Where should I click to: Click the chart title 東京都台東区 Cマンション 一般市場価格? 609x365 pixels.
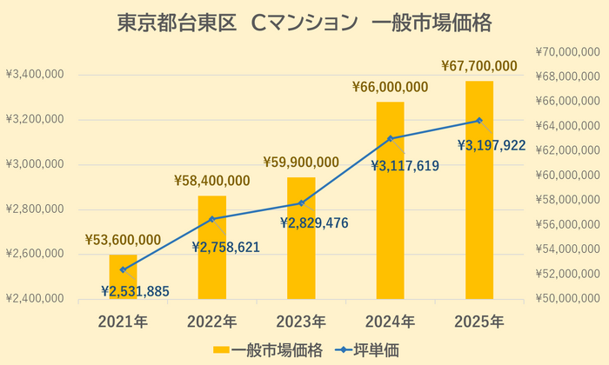pos(304,23)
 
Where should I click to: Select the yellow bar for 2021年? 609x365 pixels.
pos(123,278)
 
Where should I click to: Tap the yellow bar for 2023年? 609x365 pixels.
pos(301,239)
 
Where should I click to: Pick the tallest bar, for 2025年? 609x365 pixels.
pos(479,191)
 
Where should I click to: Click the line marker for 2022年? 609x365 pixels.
pos(211,218)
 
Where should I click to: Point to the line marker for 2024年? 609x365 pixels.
pos(390,138)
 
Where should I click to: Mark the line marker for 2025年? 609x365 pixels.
pos(479,120)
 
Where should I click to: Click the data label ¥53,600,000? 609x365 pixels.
pos(123,240)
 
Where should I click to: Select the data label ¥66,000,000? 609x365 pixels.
pos(390,87)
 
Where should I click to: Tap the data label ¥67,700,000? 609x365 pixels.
pos(479,65)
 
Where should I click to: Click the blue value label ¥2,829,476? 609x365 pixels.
pos(314,223)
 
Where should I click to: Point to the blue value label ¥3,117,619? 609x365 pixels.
pos(405,165)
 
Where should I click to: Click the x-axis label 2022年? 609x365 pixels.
pos(211,322)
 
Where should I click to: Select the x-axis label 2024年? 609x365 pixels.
pos(390,322)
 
